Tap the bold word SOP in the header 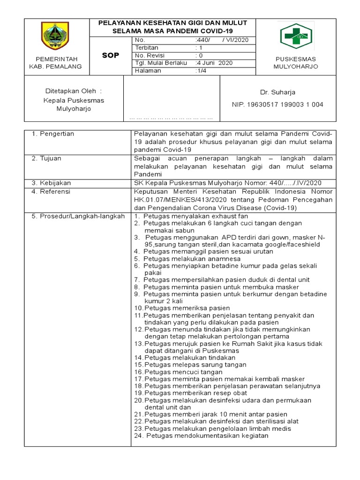111,55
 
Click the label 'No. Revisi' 149,55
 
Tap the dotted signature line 171,118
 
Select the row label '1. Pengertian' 53,134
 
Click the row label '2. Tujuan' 46,158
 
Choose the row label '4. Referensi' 51,191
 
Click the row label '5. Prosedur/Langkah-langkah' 78,216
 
